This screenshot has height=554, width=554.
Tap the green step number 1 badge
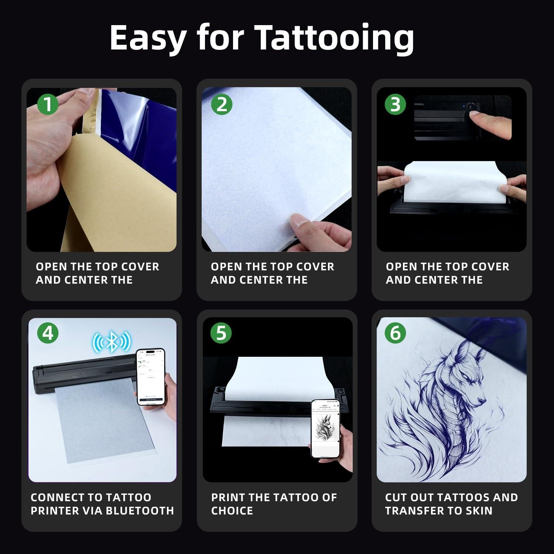(x=48, y=104)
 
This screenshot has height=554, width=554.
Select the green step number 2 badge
(x=222, y=104)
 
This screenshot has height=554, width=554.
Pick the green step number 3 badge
(x=395, y=104)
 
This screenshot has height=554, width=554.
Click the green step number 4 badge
(x=48, y=333)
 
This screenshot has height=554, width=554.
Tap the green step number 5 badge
(x=221, y=333)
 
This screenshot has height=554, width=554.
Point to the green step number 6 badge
(x=395, y=333)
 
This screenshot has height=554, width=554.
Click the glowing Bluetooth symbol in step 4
(x=112, y=342)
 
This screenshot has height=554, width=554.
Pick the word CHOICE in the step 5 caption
(x=232, y=511)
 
